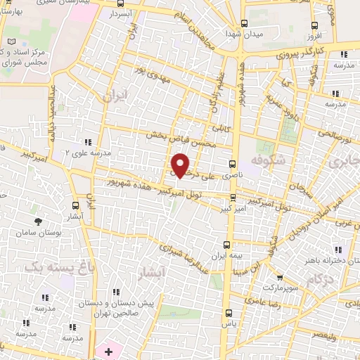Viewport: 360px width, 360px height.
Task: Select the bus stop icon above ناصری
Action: (x=232, y=160)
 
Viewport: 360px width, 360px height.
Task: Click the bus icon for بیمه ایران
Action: (x=226, y=245)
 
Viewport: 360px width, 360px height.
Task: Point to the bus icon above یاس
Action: (x=226, y=313)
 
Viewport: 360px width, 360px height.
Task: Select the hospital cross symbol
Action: (x=108, y=350)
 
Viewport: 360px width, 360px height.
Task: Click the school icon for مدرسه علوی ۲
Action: (x=88, y=142)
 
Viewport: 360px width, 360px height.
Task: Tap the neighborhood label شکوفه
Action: (x=263, y=161)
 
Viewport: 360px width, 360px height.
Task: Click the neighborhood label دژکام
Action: (x=320, y=280)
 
